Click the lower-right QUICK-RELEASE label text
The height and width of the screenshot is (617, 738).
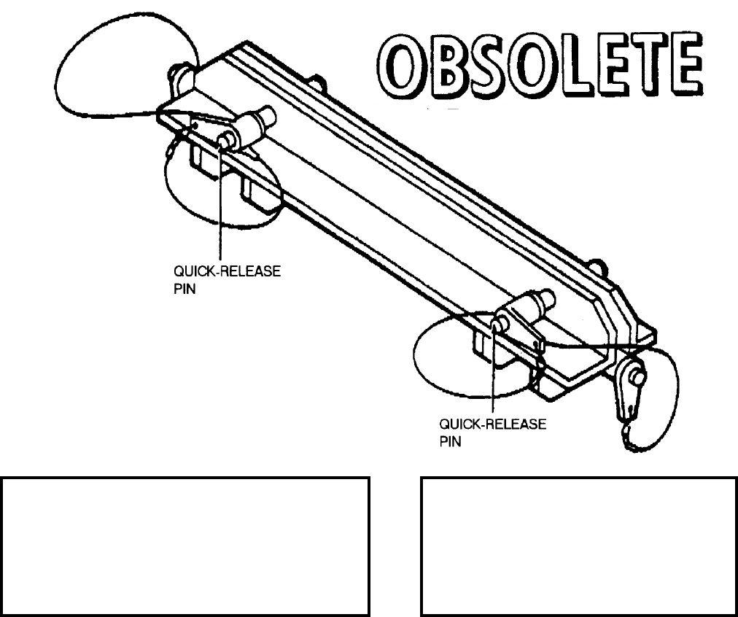point(492,426)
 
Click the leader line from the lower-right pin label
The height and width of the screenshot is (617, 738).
point(494,372)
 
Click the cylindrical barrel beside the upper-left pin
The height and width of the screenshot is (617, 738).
point(251,127)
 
